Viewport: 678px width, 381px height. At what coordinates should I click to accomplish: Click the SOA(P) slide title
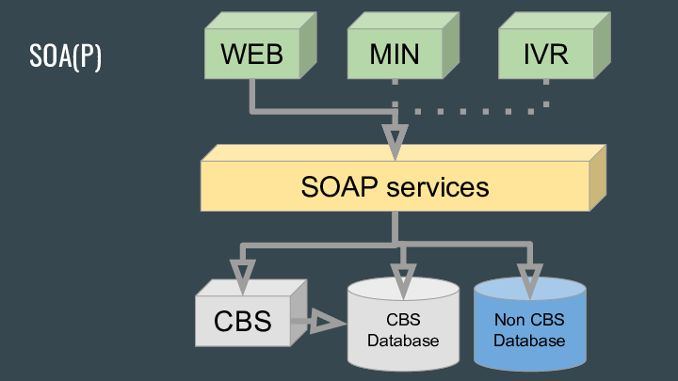pyautogui.click(x=65, y=56)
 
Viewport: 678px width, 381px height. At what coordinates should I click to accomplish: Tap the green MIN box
pyautogui.click(x=394, y=54)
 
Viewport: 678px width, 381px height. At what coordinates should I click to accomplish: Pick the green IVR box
pyautogui.click(x=545, y=54)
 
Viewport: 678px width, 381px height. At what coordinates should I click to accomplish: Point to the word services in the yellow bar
pyautogui.click(x=438, y=186)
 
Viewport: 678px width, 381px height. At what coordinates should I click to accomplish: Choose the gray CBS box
pyautogui.click(x=242, y=321)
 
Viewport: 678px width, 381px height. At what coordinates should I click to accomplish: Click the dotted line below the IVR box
pyautogui.click(x=546, y=92)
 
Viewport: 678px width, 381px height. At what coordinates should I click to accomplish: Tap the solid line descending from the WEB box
pyautogui.click(x=252, y=94)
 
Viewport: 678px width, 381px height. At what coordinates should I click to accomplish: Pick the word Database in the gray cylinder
pyautogui.click(x=403, y=340)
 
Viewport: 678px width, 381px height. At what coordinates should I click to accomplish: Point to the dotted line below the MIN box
pyautogui.click(x=395, y=94)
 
